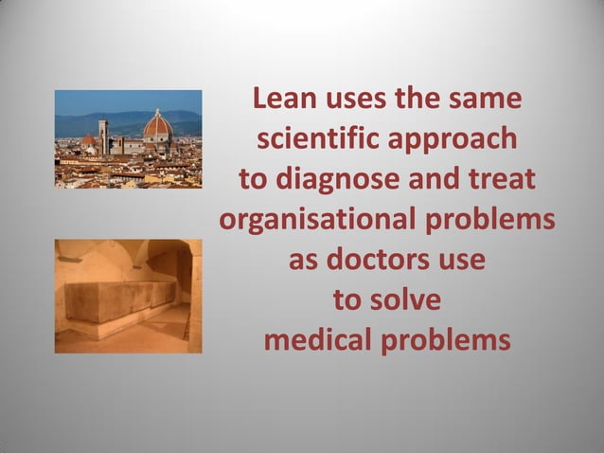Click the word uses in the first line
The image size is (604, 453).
tap(357, 100)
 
